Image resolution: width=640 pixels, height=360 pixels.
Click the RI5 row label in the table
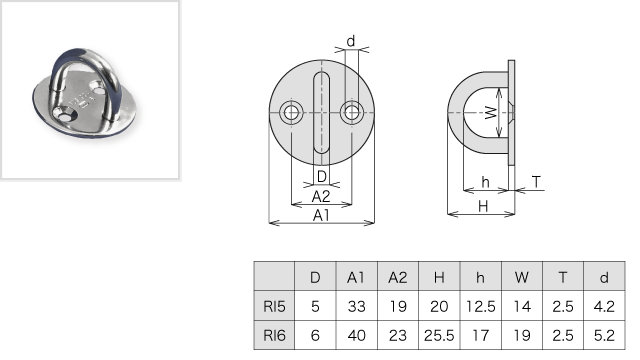coord(274,306)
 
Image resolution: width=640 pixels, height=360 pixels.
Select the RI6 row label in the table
coord(274,336)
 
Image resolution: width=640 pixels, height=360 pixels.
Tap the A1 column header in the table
coord(356,278)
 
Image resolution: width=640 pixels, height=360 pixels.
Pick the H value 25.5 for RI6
coord(439,336)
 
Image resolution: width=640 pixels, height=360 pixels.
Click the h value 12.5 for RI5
coord(480,306)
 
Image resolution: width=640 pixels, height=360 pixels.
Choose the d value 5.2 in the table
coord(604,336)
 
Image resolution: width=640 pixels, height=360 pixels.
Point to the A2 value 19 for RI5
coord(398,306)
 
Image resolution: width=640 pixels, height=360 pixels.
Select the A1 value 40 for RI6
coord(356,336)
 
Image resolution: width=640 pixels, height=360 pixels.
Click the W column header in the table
coord(522,278)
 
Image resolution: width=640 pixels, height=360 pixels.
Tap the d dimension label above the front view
coord(351,41)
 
